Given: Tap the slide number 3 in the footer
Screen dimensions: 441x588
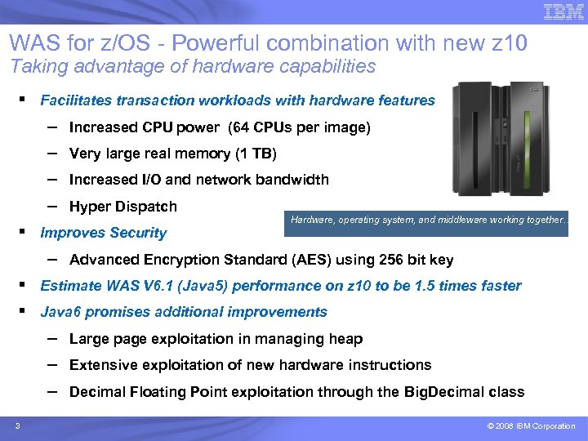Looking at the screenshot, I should point(17,425).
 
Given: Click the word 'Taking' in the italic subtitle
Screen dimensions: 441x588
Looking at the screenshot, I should point(32,66).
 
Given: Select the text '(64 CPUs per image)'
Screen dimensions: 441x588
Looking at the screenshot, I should point(300,127).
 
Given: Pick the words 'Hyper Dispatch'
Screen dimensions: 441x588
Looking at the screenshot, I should point(123,207).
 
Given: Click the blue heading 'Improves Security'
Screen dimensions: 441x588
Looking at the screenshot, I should point(103,233).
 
